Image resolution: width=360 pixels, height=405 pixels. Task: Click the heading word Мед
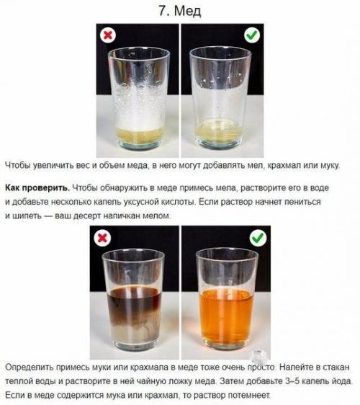click(x=187, y=11)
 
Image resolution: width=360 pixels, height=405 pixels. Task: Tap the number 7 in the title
click(x=163, y=11)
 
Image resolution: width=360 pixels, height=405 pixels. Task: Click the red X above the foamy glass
click(x=108, y=35)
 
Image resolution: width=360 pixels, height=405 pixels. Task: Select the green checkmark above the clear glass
click(x=252, y=35)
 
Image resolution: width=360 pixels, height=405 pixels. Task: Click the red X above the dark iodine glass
click(x=102, y=238)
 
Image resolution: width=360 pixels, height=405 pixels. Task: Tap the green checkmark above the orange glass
click(x=258, y=237)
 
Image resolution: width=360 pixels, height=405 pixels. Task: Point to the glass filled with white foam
click(x=139, y=99)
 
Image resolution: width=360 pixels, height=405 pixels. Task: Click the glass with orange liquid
click(x=226, y=300)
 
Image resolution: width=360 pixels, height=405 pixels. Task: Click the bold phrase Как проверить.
click(x=37, y=188)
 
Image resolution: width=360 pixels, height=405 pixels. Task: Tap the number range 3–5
click(x=293, y=381)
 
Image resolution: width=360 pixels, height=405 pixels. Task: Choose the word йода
click(x=342, y=381)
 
